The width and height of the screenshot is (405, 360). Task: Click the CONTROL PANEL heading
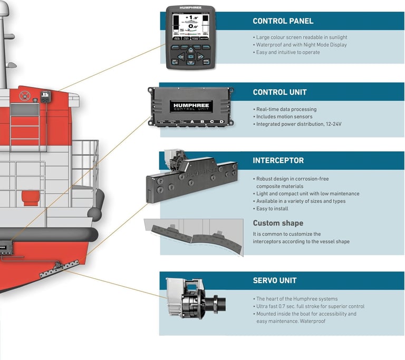pos(283,21)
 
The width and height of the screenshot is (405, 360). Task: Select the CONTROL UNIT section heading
pos(279,92)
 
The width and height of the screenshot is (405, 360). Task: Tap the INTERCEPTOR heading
pos(278,160)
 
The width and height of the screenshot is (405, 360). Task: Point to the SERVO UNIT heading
pos(275,280)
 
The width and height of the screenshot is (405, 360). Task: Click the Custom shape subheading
pos(277,223)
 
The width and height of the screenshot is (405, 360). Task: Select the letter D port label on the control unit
pos(221,122)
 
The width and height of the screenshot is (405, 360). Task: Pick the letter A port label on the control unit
pos(193,122)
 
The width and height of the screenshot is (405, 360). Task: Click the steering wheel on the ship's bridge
pos(24,96)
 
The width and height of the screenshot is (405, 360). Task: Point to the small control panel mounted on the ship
pos(45,96)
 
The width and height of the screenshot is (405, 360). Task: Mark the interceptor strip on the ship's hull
pos(59,269)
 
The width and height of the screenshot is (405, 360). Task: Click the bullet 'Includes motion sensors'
pos(284,116)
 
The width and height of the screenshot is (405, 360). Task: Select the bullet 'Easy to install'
pos(273,209)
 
